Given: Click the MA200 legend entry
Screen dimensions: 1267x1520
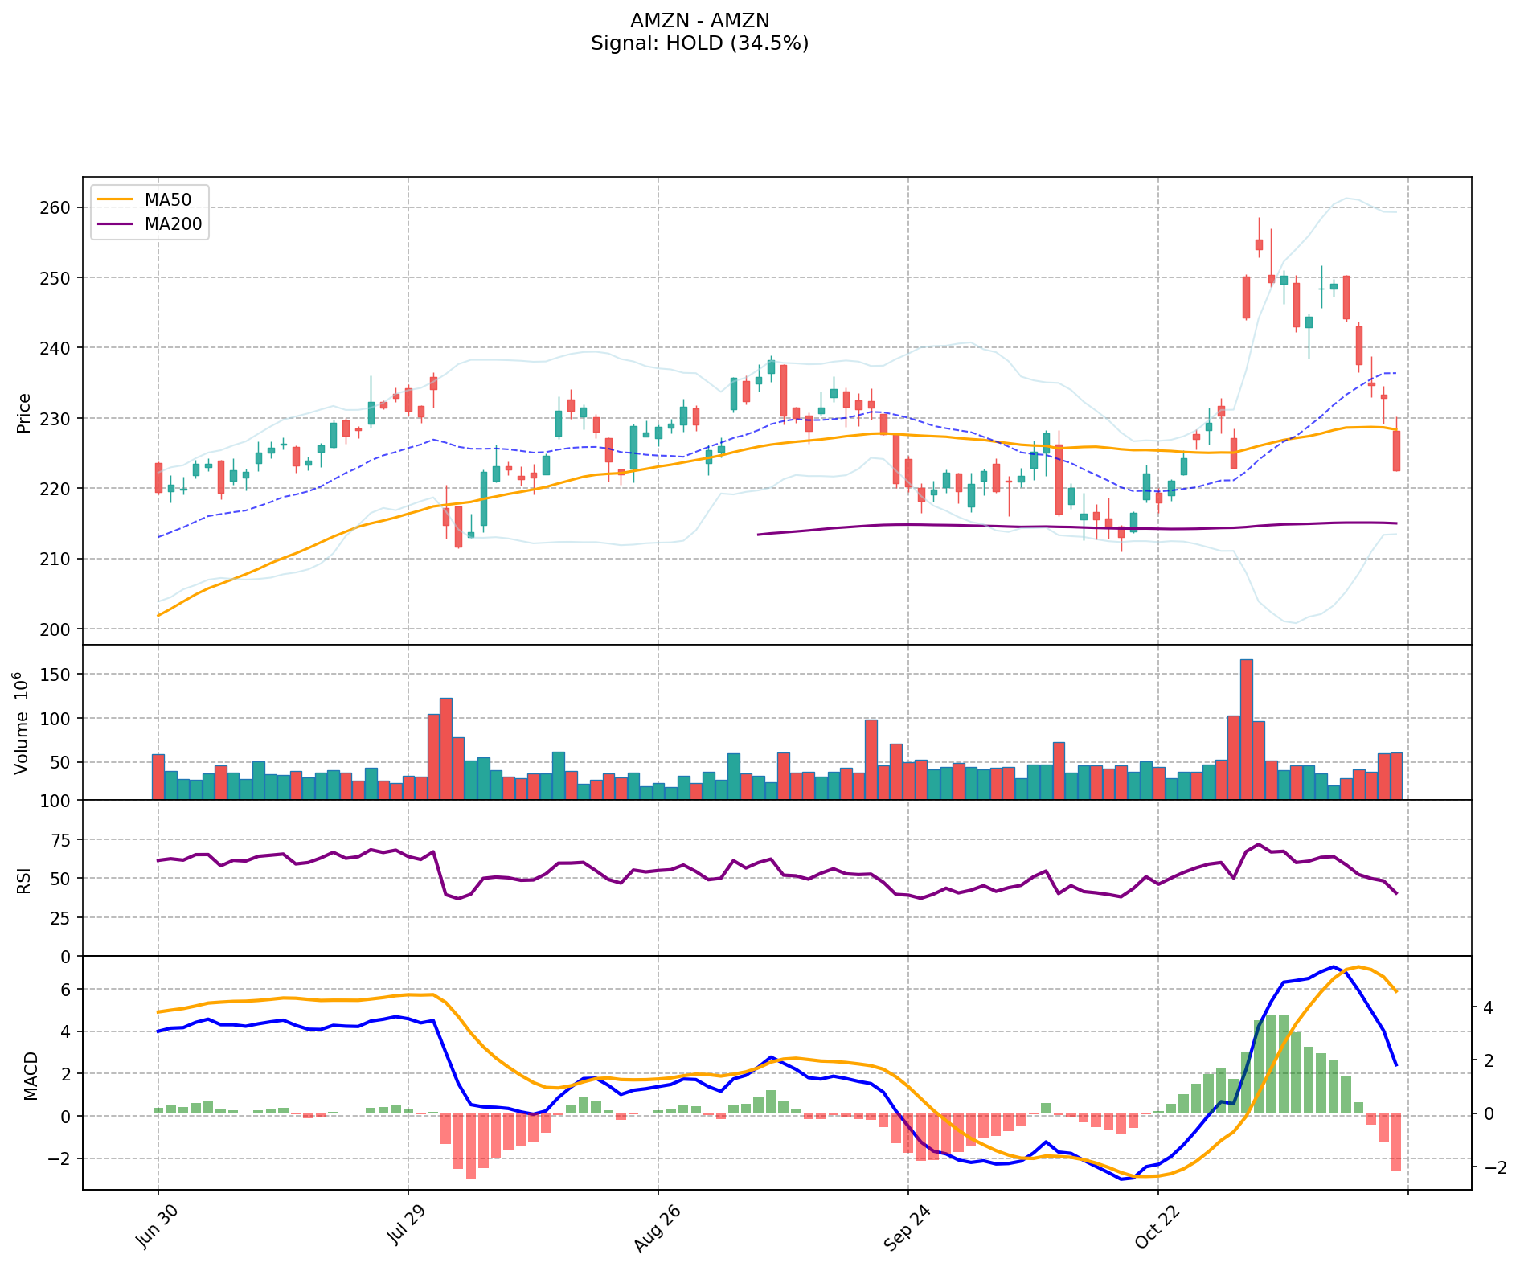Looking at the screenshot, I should (x=173, y=224).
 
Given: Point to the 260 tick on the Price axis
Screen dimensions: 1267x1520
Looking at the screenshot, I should (x=55, y=207).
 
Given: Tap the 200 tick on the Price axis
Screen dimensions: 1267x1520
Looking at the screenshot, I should (x=55, y=629).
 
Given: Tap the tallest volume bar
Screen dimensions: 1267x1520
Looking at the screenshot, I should (x=1246, y=728).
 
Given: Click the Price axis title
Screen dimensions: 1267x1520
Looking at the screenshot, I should (x=24, y=412).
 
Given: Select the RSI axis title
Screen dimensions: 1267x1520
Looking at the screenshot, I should (x=24, y=880).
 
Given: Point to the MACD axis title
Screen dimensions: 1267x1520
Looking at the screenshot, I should (x=31, y=1075).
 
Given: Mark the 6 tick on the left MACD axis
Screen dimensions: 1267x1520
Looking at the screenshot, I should (x=67, y=989).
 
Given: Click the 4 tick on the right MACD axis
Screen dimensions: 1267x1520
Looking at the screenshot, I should (x=1488, y=1007).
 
